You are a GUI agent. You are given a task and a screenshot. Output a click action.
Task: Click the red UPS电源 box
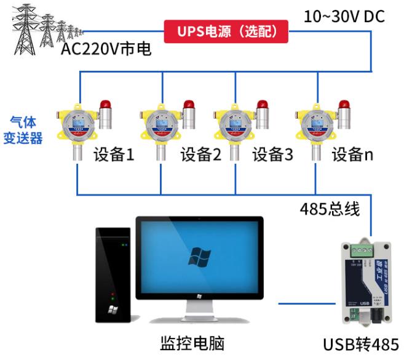coord(226,30)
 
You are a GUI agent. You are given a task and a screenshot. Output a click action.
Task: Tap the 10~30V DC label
coord(344,16)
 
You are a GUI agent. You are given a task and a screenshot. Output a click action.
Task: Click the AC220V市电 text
coord(106,48)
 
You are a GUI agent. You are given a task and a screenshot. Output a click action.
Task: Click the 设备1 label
coord(114,154)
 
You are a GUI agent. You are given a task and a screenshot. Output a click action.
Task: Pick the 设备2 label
coord(200,154)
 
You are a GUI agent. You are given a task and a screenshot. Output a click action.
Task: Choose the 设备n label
coord(352,154)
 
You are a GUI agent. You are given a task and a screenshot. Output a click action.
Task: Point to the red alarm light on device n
coord(346,105)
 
